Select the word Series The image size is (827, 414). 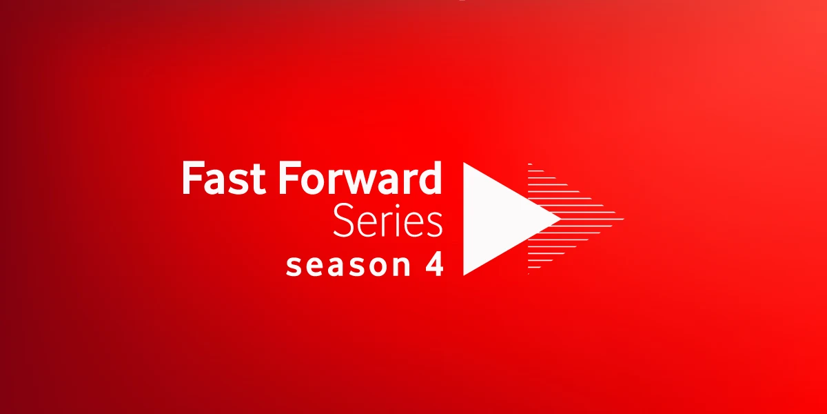point(387,221)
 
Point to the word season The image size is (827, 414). point(344,266)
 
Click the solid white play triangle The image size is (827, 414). point(500,219)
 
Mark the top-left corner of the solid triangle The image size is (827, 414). point(464,164)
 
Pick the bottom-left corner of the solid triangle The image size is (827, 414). point(464,274)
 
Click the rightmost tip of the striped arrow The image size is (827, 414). point(623,219)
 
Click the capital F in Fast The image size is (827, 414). point(191,179)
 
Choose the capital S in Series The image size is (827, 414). point(343,221)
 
